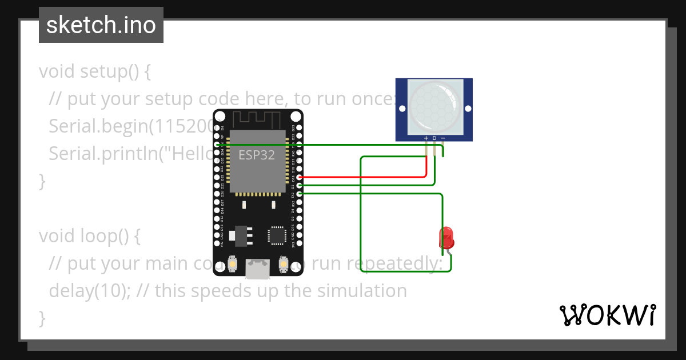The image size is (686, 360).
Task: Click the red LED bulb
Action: (x=446, y=236)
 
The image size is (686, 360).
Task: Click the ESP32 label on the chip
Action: (x=257, y=155)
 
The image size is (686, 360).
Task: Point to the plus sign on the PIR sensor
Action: (x=426, y=138)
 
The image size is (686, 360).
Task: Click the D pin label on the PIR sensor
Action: (x=434, y=138)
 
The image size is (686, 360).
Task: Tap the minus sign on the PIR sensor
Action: (x=443, y=138)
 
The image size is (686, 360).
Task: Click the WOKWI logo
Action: (x=607, y=315)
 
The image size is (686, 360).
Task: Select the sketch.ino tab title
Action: (x=101, y=26)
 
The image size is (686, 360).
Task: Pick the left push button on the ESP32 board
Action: (x=233, y=264)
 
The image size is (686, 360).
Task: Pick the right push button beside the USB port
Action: (x=283, y=264)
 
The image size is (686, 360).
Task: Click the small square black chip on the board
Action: (x=277, y=235)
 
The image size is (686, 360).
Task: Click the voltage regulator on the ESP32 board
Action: (x=240, y=235)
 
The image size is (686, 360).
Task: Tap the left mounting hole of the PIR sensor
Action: (x=402, y=109)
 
